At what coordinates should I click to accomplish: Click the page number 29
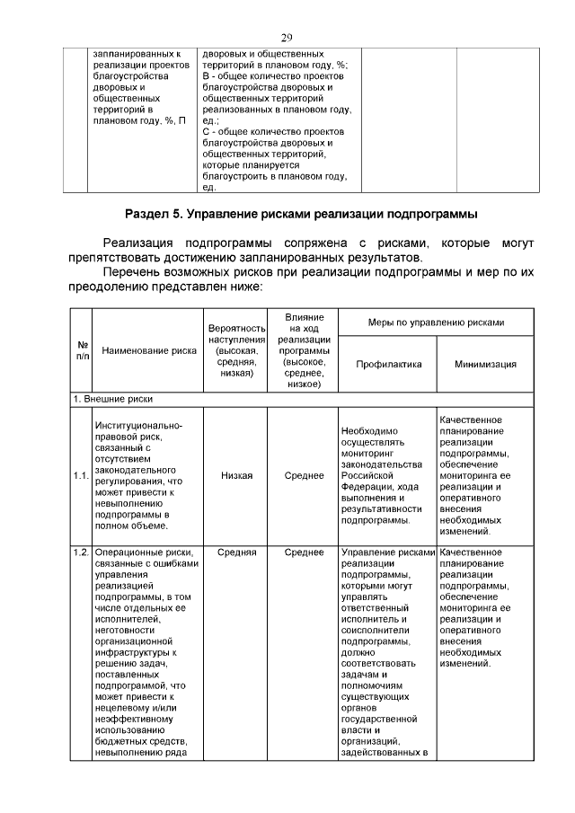287,37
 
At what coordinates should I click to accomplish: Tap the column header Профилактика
388,364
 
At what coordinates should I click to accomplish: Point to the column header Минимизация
484,364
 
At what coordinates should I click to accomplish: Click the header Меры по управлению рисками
436,322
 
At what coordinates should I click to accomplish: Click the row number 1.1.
81,476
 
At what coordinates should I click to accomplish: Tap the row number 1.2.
81,552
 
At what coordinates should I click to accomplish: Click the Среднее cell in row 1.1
304,476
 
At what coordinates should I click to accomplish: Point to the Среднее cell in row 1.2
304,552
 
